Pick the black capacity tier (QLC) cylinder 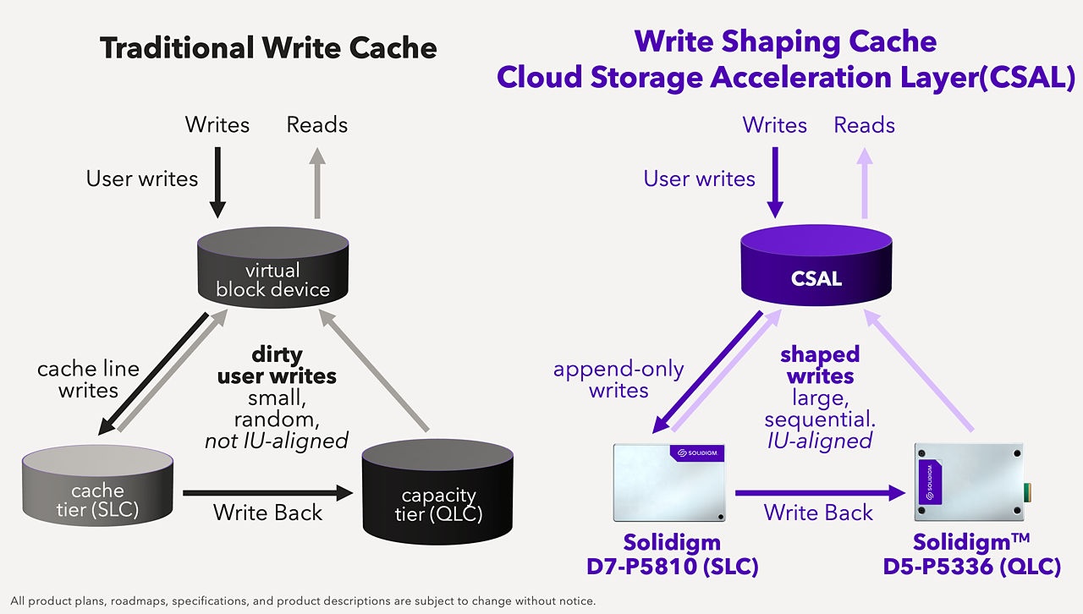pos(437,497)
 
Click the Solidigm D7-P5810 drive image pos(669,483)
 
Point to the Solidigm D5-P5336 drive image pos(970,483)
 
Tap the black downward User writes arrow pos(217,183)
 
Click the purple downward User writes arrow pos(775,183)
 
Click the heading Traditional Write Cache pos(268,47)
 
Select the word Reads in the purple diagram pos(864,125)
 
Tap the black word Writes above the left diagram pos(217,125)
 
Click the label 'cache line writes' pos(88,380)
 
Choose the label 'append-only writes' pos(618,380)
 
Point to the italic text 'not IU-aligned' pos(277,441)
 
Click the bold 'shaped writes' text pos(820,365)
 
